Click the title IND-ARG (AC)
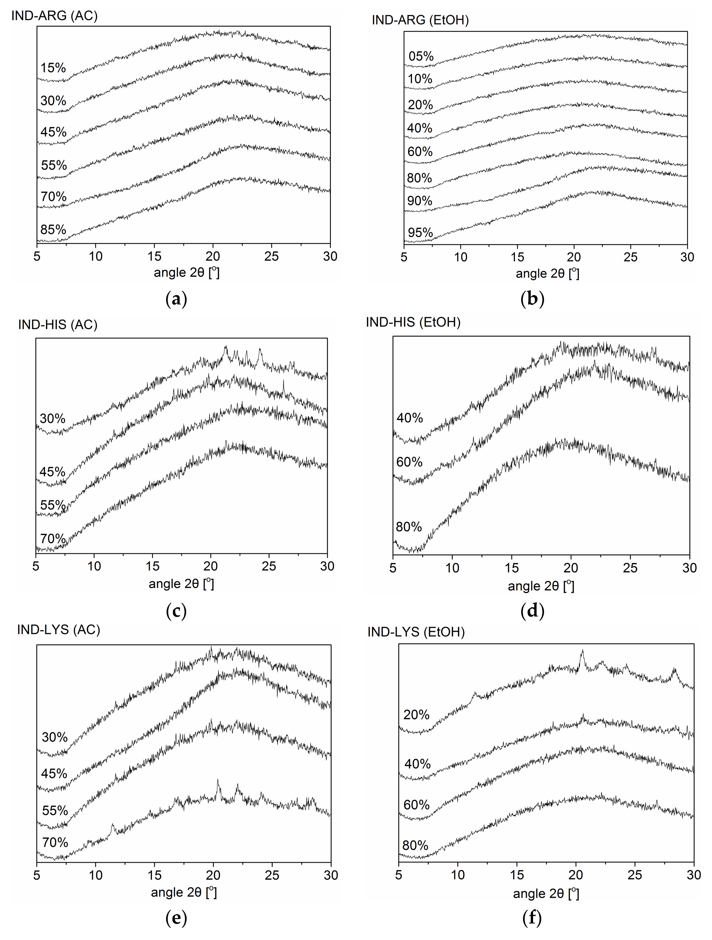pos(55,16)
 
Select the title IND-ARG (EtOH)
pos(420,20)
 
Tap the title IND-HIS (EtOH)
pos(413,322)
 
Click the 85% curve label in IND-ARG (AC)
pos(53,229)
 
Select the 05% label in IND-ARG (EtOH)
pos(421,56)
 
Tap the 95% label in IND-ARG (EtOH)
pos(420,232)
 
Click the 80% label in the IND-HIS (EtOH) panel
pos(408,527)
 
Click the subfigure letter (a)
pos(176,300)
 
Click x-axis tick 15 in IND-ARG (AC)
pos(154,256)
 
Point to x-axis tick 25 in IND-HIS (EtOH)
pos(630,568)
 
